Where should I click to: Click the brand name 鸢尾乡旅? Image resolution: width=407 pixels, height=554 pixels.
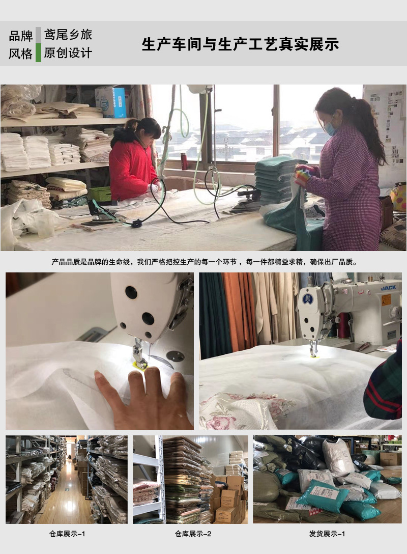(68, 35)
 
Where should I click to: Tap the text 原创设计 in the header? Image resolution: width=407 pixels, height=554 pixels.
(68, 53)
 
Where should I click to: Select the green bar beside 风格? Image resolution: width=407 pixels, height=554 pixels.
(38, 53)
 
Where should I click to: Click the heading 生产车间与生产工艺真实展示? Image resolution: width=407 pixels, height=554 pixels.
(240, 44)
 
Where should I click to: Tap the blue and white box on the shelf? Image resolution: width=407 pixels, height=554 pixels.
(111, 102)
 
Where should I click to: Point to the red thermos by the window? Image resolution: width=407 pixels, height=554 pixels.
(184, 161)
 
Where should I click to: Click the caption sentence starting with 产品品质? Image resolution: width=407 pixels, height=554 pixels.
(203, 262)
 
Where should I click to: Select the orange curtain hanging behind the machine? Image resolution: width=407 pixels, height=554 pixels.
(239, 311)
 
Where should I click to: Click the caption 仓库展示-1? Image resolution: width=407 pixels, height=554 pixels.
(67, 533)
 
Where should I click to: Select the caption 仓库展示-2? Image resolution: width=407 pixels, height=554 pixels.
(193, 533)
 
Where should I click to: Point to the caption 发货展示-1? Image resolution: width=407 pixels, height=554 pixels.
(327, 533)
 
